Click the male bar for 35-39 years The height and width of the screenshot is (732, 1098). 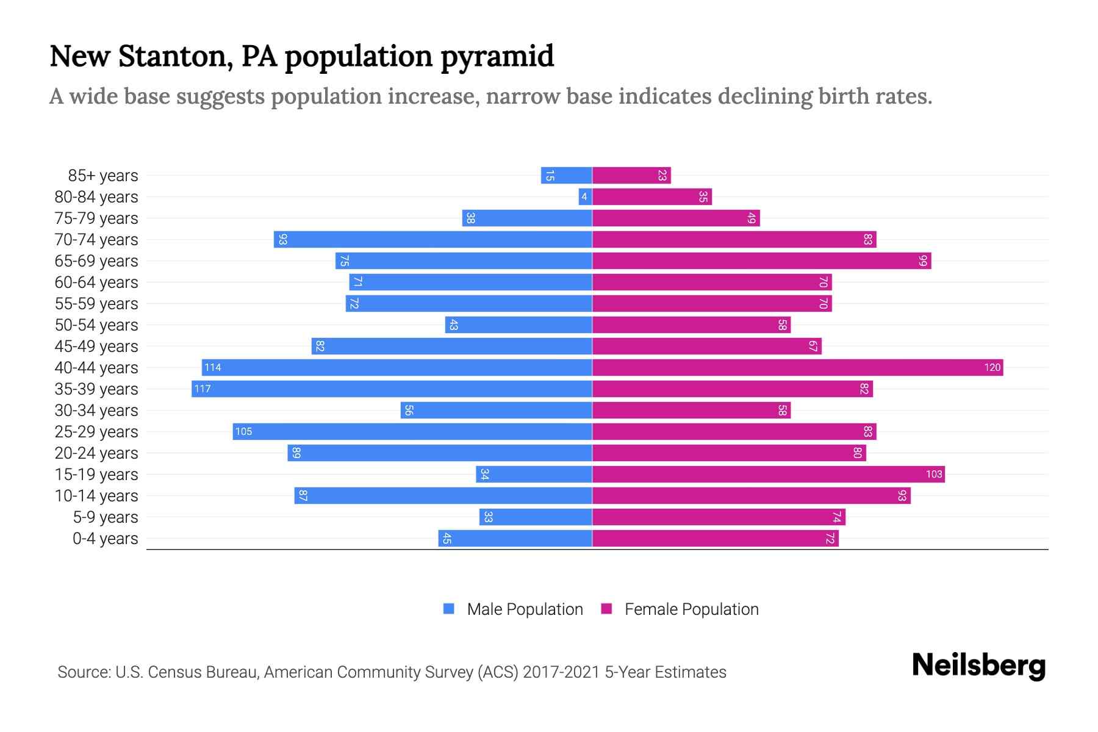point(392,389)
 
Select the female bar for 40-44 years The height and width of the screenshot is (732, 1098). point(797,367)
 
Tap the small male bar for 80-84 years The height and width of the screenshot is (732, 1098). point(585,196)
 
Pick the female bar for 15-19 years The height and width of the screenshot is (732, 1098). point(769,474)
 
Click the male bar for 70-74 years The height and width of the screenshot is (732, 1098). point(433,239)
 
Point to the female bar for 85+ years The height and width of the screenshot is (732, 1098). point(631,175)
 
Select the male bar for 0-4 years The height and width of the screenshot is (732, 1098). point(515,538)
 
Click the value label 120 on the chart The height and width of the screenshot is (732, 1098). point(992,367)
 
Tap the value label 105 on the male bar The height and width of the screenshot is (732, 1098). point(243,431)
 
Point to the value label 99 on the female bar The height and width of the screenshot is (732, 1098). point(923,261)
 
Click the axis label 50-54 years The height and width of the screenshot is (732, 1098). point(96,325)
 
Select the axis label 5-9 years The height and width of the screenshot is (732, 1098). point(106,517)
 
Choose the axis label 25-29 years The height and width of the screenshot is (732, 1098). point(96,432)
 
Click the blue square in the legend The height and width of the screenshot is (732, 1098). point(449,609)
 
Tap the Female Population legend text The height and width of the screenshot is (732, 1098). point(691,609)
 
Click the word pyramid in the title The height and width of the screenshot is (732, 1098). point(497,56)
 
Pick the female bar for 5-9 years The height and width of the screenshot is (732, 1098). point(719,517)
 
